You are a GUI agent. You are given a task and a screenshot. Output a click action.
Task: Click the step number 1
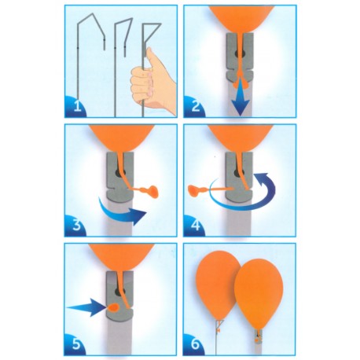[x=77, y=107]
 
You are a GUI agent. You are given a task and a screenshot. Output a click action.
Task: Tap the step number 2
[x=196, y=106]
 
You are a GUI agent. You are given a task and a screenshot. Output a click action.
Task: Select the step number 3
[x=76, y=225]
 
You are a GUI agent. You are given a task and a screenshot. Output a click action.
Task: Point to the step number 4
[x=196, y=225]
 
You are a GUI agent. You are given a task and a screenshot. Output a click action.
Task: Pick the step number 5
[x=76, y=344]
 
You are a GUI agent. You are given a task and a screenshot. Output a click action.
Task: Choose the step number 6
[x=196, y=344]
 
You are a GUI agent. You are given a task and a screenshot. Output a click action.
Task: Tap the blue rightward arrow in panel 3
[x=123, y=211]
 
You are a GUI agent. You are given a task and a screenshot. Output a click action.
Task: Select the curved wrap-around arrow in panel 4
[x=244, y=194]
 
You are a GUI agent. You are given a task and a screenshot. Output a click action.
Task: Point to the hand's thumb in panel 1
[x=151, y=58]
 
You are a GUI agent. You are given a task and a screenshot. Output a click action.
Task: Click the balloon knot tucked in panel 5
[x=114, y=308]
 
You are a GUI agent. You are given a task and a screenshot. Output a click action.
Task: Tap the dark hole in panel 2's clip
[x=241, y=53]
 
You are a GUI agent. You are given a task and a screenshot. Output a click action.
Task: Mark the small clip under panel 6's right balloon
[x=258, y=337]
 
